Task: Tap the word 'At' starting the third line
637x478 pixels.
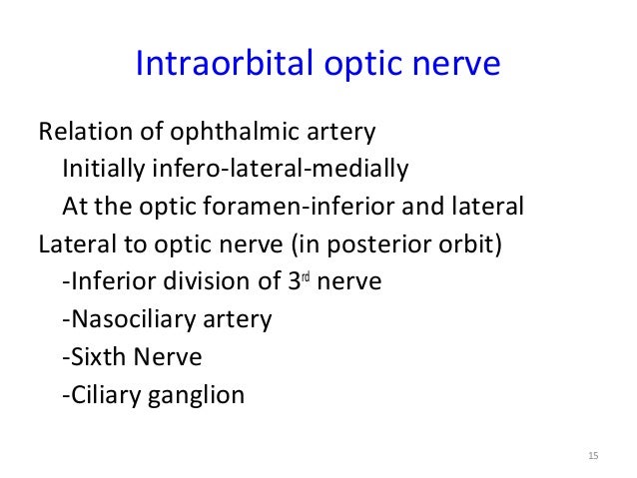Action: tap(74, 208)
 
